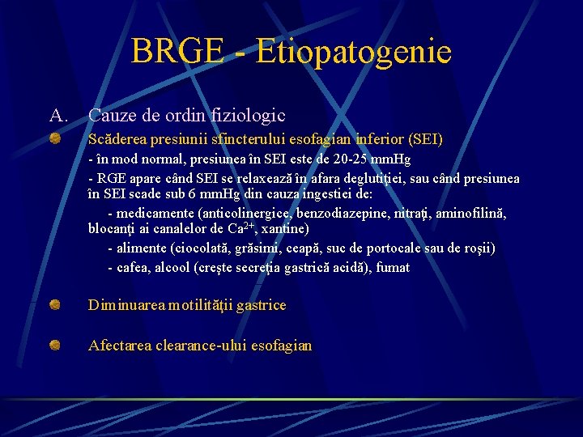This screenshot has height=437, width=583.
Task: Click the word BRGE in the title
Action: click(x=177, y=53)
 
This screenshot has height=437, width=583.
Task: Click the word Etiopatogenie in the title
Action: click(x=353, y=53)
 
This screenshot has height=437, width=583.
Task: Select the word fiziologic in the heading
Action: click(x=248, y=116)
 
